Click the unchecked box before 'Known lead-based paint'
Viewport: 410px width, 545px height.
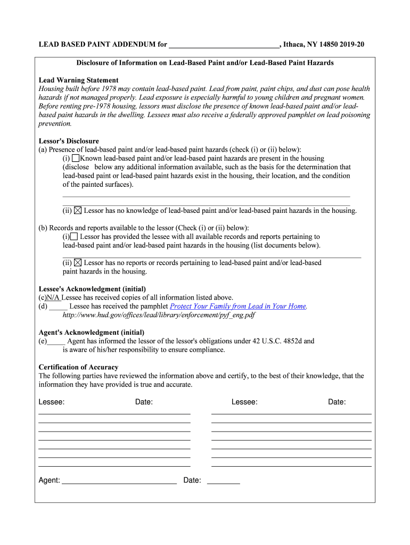76,158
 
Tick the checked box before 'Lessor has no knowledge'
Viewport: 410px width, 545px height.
78,210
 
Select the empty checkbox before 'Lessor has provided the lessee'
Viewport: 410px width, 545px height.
74,236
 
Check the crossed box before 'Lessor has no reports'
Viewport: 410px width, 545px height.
78,262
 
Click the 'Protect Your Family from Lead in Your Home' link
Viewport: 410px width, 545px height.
237,306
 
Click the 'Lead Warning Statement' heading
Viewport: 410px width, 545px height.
78,80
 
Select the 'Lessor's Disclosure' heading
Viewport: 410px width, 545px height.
69,141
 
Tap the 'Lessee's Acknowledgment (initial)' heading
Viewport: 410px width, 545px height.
92,289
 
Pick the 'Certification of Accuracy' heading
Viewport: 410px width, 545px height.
78,367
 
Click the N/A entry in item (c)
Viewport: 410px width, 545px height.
53,298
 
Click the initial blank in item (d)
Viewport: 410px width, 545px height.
58,307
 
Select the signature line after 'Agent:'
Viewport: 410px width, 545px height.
119,481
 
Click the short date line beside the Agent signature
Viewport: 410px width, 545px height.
223,481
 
